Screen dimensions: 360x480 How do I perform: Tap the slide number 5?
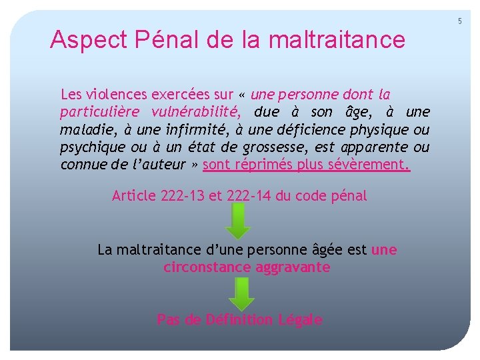point(459,21)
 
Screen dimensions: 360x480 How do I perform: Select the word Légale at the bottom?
point(299,320)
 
